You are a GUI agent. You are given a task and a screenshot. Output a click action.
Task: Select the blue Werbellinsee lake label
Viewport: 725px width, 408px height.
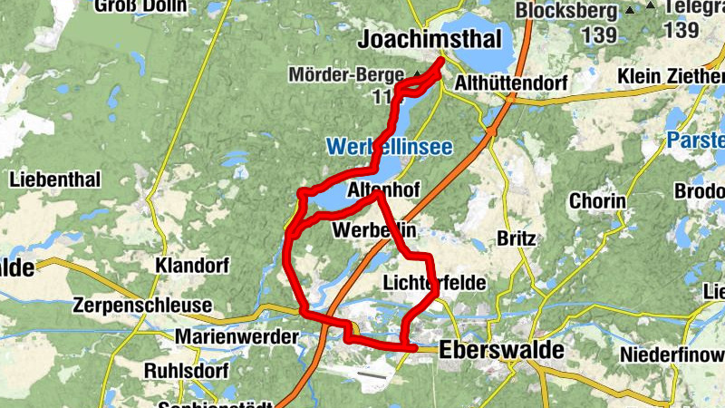[389, 146]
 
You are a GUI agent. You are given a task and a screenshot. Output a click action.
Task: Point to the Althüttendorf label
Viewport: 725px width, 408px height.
[513, 84]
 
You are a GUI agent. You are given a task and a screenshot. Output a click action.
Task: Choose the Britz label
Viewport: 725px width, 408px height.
[517, 238]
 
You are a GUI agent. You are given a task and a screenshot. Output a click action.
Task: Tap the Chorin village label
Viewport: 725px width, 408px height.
[597, 200]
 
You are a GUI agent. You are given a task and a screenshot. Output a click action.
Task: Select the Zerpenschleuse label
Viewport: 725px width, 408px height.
[144, 305]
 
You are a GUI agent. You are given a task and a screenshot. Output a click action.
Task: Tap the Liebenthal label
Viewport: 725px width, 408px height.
[54, 179]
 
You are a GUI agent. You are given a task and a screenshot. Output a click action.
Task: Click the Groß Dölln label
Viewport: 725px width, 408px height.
[140, 5]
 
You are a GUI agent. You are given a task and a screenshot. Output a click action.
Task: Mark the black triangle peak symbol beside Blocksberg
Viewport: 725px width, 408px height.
[630, 12]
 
